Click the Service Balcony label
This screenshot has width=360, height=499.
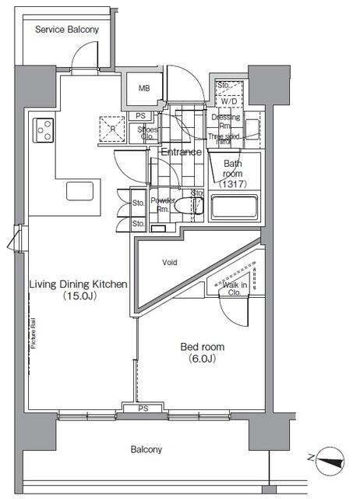pyautogui.click(x=66, y=29)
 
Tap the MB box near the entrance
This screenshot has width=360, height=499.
pyautogui.click(x=143, y=88)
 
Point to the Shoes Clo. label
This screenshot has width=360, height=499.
pyautogui.click(x=146, y=133)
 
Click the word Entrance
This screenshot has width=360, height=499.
pyautogui.click(x=182, y=152)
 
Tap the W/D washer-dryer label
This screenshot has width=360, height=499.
pyautogui.click(x=228, y=101)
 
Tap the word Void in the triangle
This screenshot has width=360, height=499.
pyautogui.click(x=171, y=263)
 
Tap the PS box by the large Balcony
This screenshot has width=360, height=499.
pyautogui.click(x=143, y=408)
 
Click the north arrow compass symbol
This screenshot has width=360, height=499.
pyautogui.click(x=331, y=459)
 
